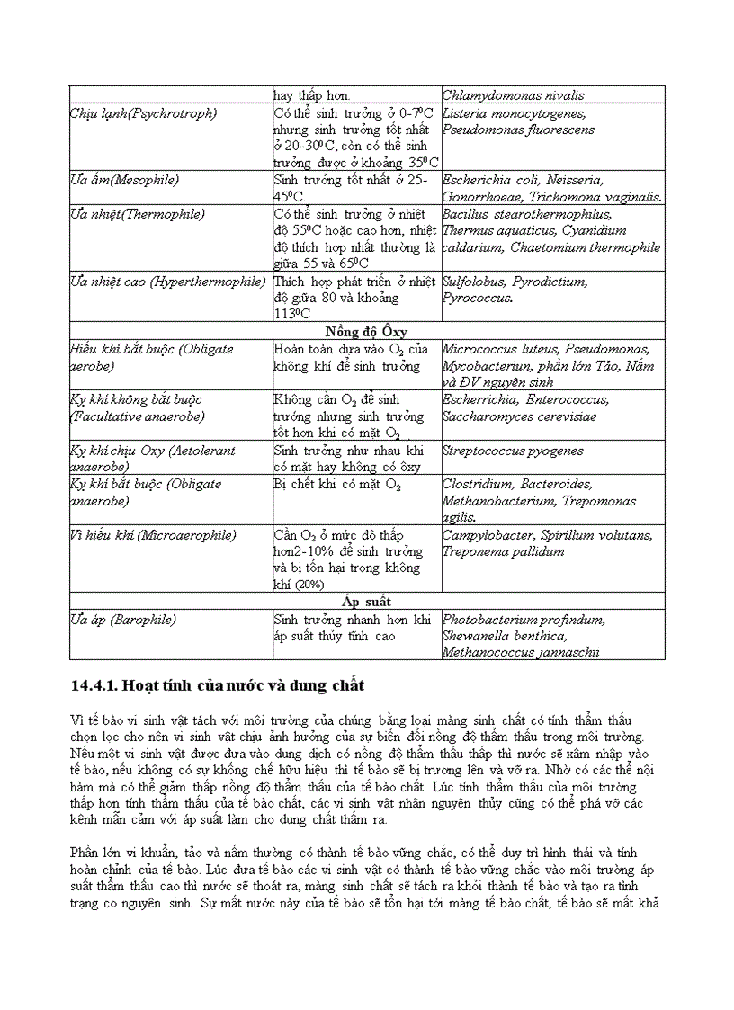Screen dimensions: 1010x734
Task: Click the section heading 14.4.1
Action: tap(217, 686)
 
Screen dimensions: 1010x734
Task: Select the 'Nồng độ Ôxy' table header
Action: tap(366, 331)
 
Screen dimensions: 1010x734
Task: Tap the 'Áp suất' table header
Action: tap(366, 601)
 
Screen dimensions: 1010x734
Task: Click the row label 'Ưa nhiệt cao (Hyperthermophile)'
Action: tap(167, 282)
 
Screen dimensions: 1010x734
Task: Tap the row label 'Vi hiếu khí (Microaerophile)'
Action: tap(153, 535)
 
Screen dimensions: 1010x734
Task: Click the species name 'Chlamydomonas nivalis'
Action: tap(514, 95)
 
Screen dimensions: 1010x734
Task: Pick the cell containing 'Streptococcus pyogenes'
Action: tap(513, 450)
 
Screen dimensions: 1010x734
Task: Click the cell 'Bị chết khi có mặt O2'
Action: tap(337, 485)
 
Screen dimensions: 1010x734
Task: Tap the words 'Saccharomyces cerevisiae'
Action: tap(519, 416)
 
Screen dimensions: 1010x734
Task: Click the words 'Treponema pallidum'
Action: tap(503, 551)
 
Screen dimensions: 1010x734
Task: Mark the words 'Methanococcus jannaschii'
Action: tap(521, 653)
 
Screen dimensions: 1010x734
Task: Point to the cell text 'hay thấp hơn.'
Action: tap(312, 95)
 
